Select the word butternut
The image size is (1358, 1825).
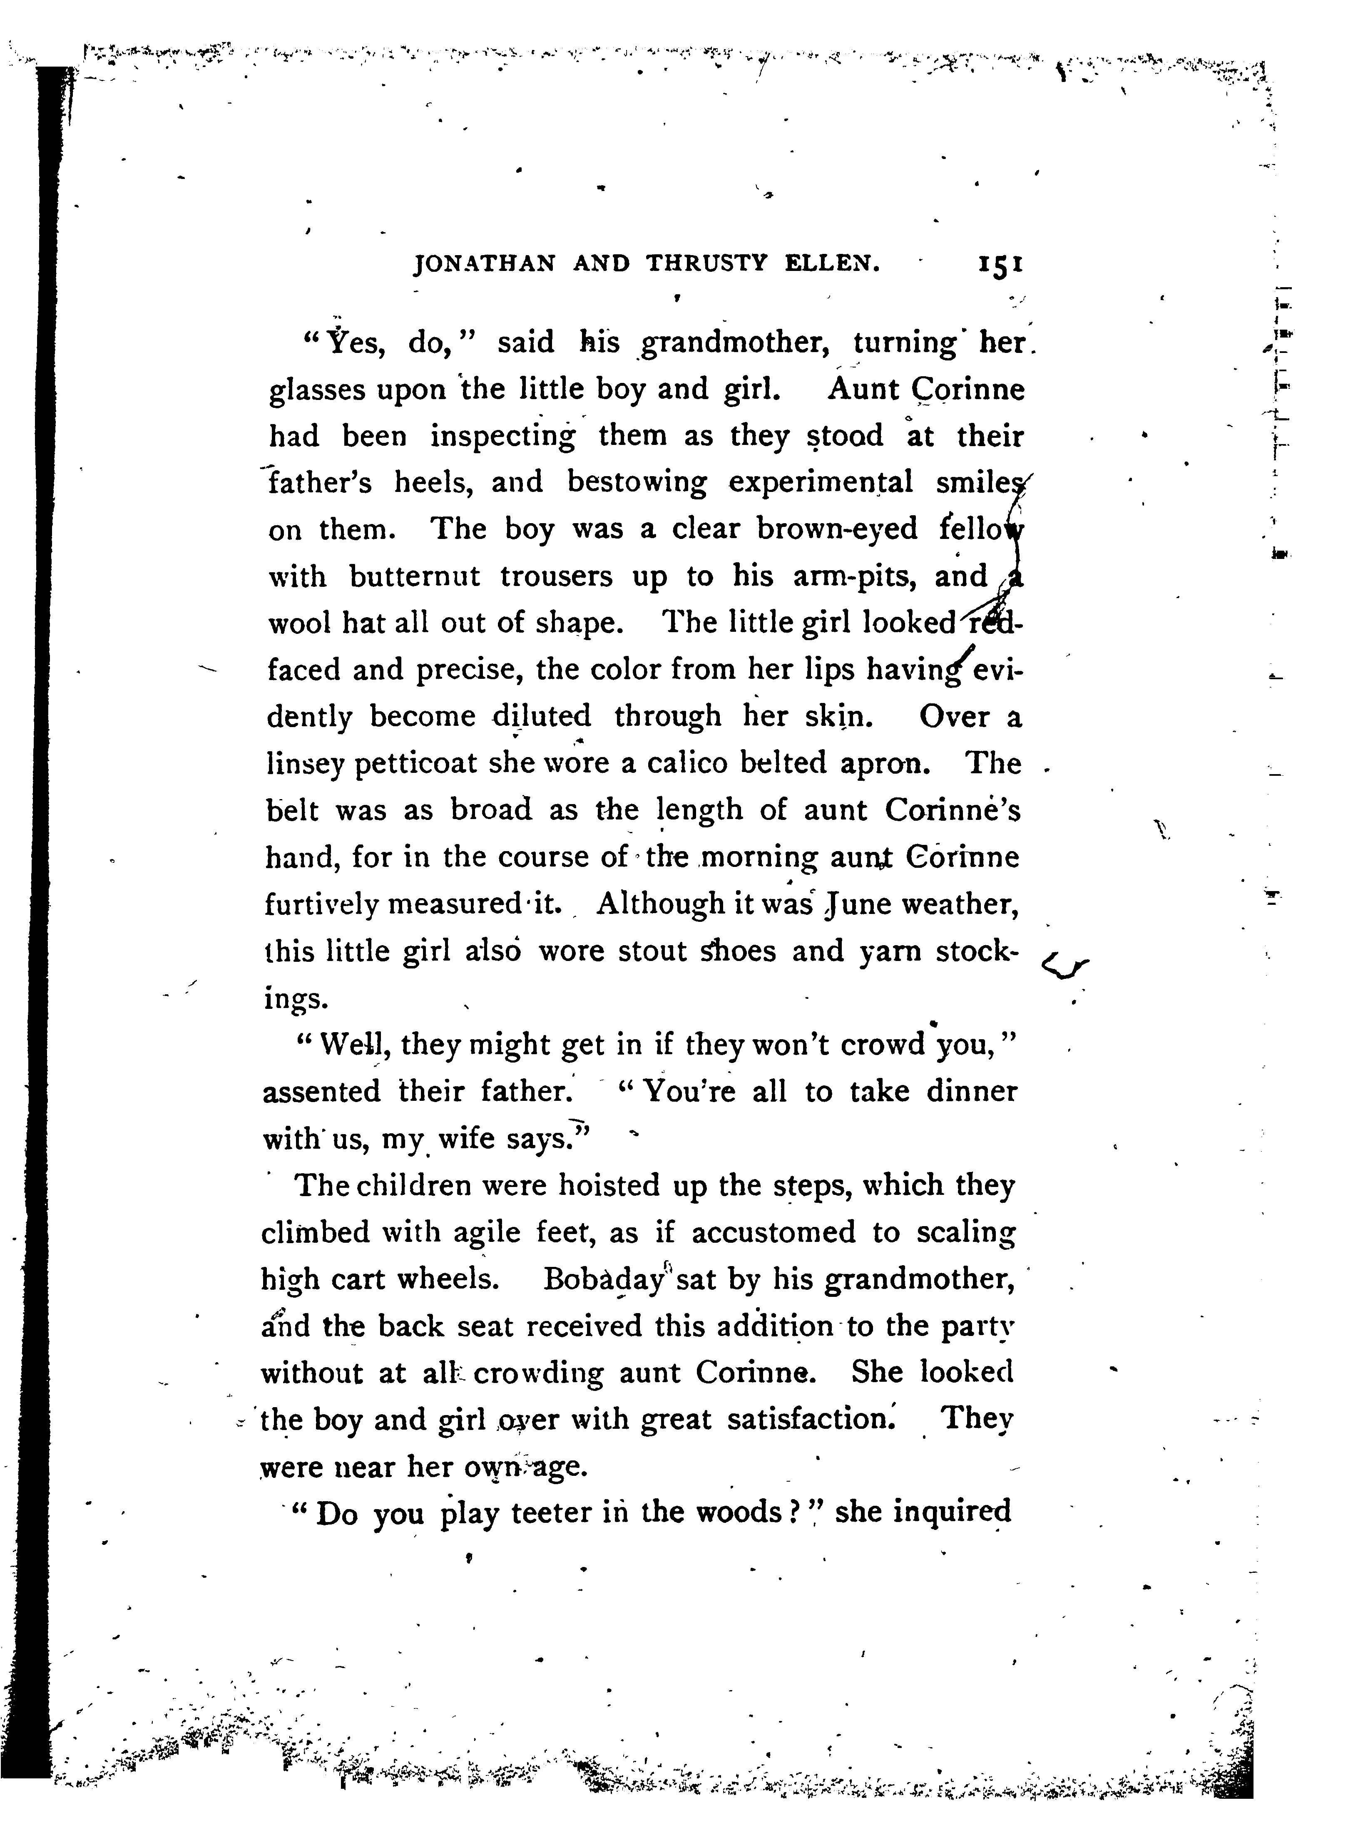click(415, 577)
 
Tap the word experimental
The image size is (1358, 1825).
click(821, 483)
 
